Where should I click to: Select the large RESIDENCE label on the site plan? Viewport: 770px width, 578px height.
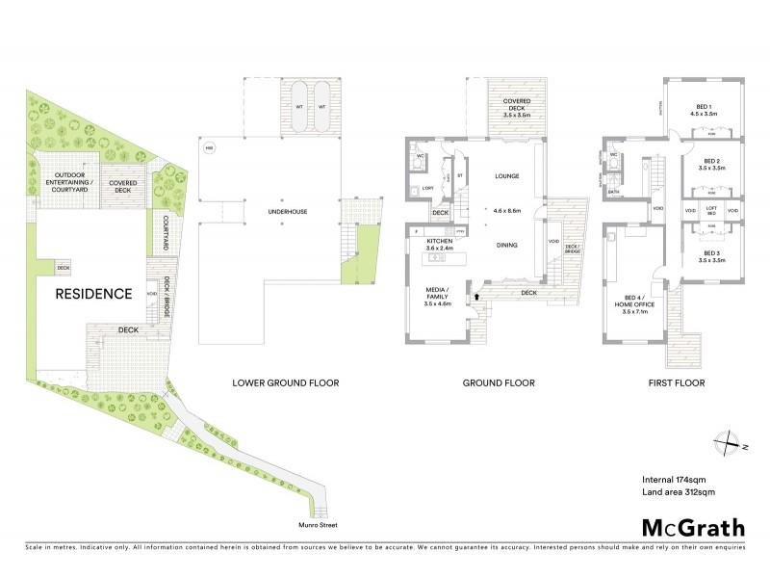[x=92, y=294]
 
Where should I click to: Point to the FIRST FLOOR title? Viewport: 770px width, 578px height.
[x=679, y=382]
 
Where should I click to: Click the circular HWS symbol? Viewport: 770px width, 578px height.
[x=210, y=147]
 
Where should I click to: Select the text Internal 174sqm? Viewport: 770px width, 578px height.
[x=673, y=479]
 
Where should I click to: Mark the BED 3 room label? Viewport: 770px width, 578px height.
[x=711, y=257]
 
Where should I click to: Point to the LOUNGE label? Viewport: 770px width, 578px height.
[x=506, y=176]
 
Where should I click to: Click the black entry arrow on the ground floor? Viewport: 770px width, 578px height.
[x=475, y=298]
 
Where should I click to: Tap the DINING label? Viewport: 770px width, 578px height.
[x=506, y=245]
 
